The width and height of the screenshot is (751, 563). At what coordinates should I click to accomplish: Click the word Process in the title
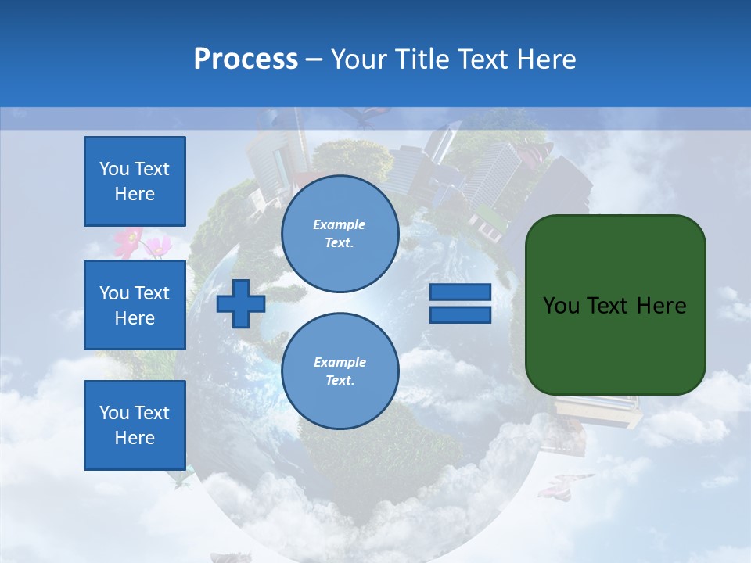246,59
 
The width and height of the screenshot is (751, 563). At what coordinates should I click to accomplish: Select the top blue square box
135,181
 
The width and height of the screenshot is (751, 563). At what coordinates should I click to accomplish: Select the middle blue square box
135,305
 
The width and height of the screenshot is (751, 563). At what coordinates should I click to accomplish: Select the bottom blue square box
135,425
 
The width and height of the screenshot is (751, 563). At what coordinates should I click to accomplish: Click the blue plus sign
241,303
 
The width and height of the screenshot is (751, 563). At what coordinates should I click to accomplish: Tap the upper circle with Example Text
340,234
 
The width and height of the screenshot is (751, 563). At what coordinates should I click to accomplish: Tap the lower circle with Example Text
340,371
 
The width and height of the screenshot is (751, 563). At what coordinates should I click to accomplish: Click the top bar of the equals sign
460,292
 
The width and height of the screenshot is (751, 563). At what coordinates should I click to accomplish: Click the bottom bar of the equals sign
460,314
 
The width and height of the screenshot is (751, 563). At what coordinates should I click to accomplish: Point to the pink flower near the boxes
130,242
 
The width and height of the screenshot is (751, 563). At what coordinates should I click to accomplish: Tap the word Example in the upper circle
340,224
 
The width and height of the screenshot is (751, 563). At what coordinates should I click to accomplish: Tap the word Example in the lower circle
340,362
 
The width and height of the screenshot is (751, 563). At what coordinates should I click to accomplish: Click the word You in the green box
562,306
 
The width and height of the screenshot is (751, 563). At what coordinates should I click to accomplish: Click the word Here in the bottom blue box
135,438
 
